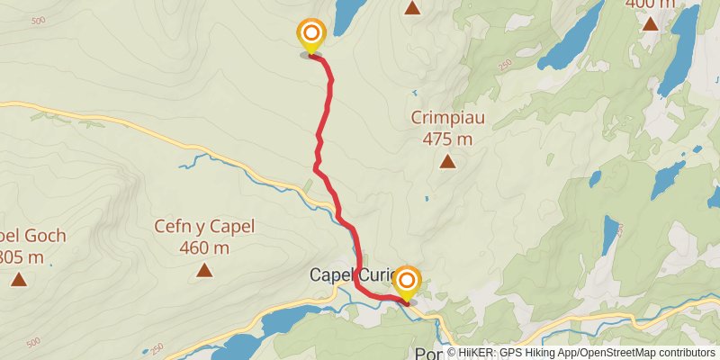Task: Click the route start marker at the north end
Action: point(310,36)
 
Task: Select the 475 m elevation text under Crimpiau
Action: point(447,139)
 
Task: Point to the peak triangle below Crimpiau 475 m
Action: point(447,162)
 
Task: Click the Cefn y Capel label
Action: point(204,227)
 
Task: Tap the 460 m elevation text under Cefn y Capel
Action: point(204,247)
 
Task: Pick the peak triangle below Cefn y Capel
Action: point(204,270)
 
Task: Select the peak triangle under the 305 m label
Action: point(19,280)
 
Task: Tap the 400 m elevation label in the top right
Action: point(650,4)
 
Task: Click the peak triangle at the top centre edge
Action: point(412,8)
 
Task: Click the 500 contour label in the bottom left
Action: point(33,342)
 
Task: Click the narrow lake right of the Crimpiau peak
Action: point(610,237)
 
